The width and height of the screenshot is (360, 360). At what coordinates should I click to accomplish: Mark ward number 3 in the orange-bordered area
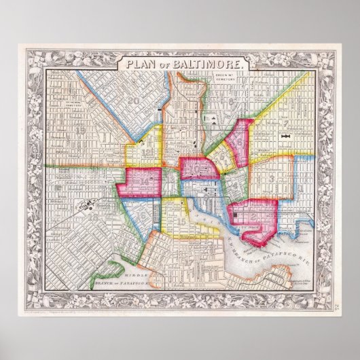coord(272,177)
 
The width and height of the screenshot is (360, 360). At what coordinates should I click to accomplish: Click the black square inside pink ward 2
coord(236,216)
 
